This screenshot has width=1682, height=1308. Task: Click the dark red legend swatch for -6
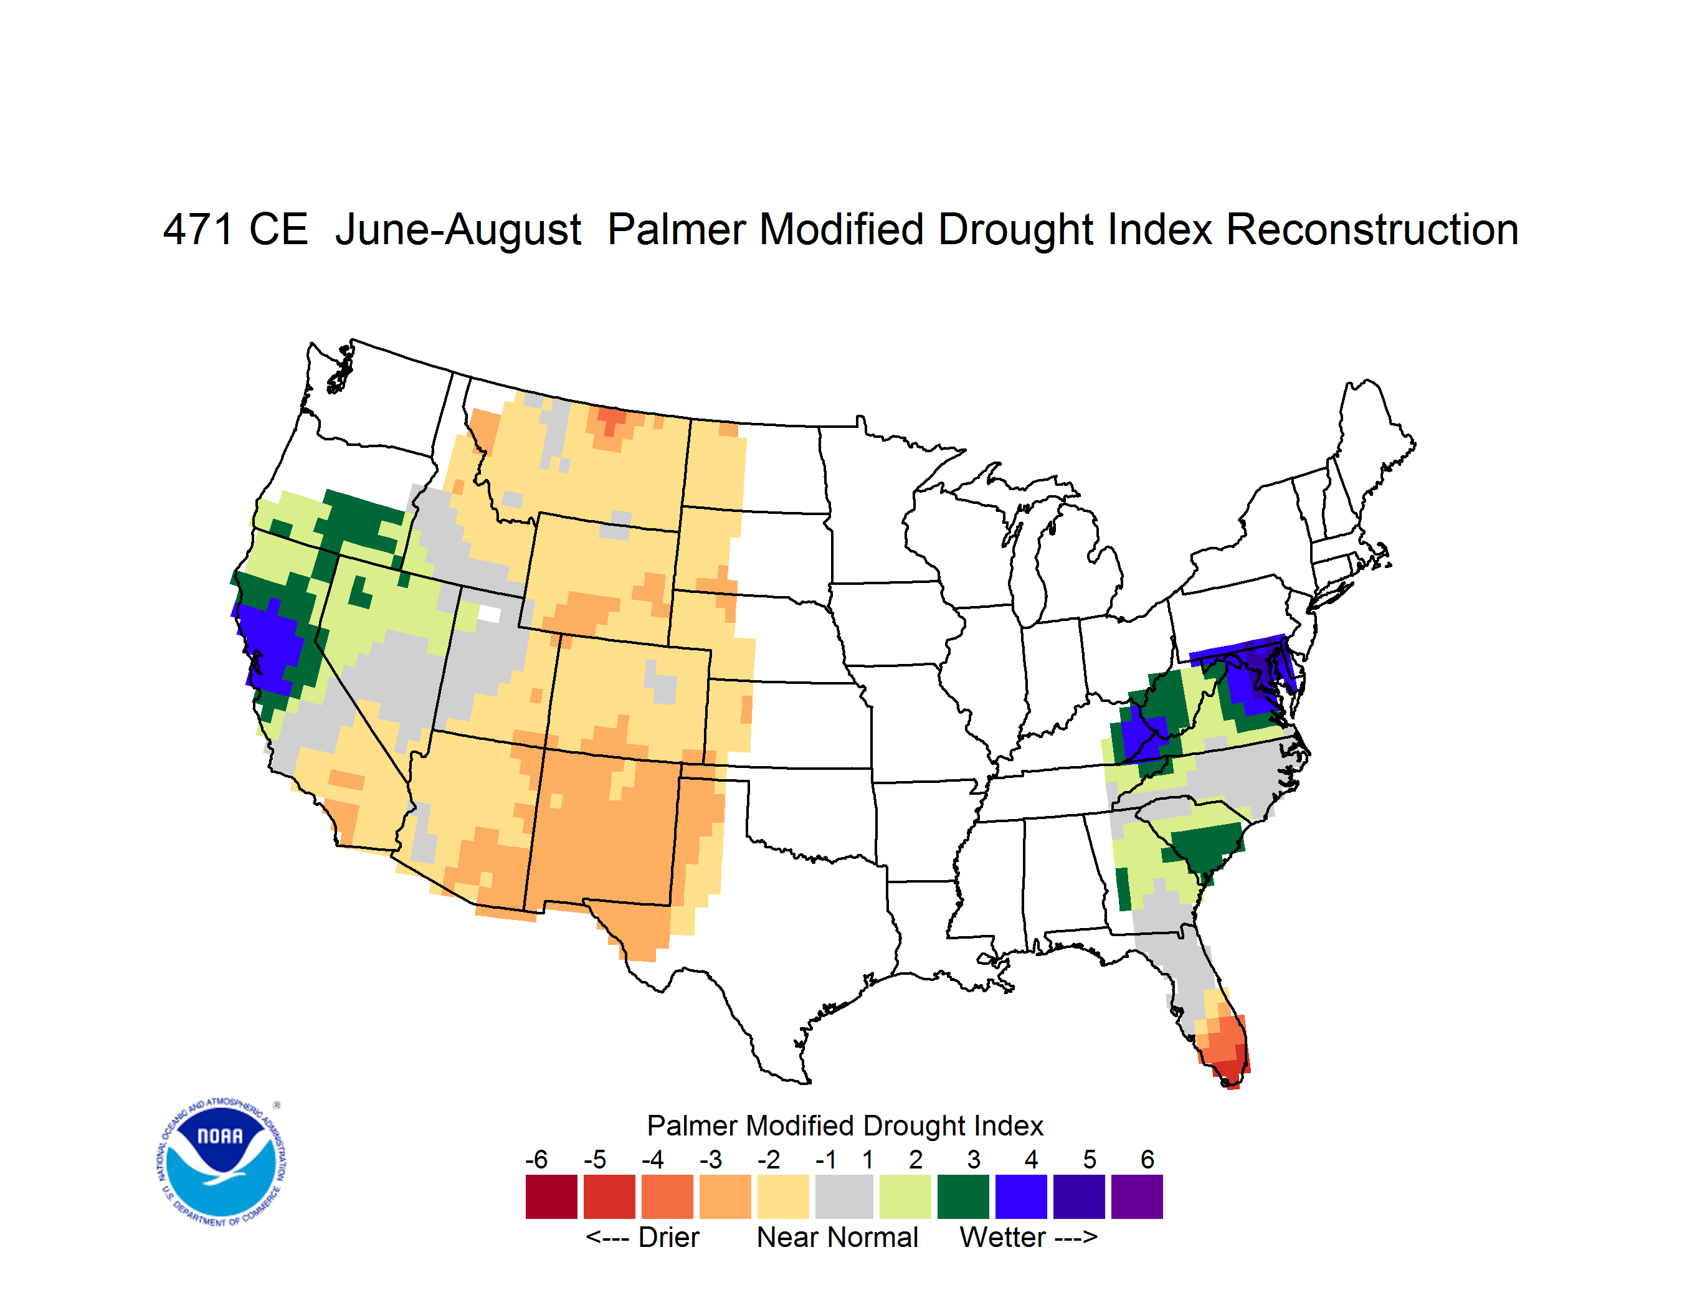click(551, 1197)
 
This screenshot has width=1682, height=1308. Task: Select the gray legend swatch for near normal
click(844, 1197)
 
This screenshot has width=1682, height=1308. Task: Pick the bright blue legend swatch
click(1021, 1197)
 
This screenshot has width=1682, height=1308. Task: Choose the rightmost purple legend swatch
click(1137, 1197)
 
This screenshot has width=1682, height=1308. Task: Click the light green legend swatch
click(906, 1197)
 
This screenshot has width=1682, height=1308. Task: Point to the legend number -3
click(711, 1159)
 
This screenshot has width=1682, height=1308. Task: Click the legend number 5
click(1090, 1159)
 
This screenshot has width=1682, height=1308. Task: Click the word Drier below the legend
click(668, 1237)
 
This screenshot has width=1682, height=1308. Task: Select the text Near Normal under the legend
click(837, 1237)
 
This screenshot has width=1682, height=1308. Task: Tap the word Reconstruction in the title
click(1372, 229)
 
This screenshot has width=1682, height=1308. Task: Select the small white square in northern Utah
click(489, 614)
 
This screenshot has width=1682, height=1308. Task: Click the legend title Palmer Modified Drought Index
click(845, 1126)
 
